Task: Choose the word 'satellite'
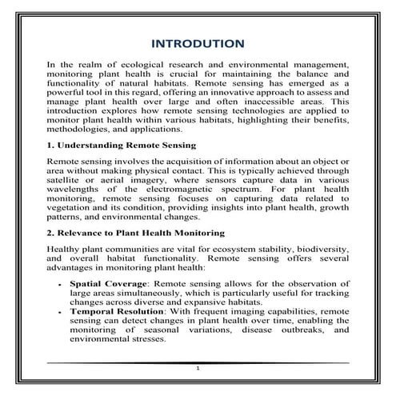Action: pos(67,180)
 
